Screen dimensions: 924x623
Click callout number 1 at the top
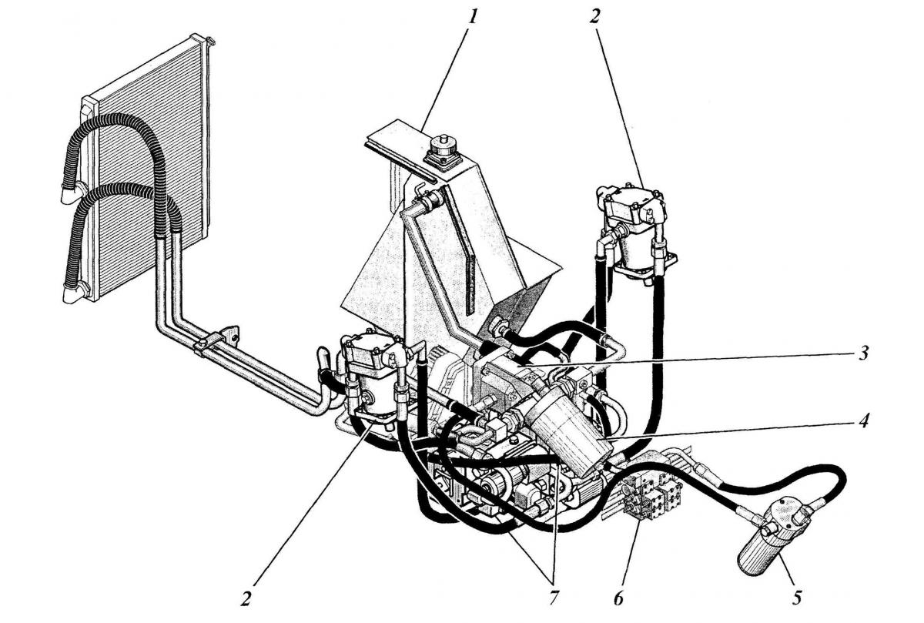pos(472,18)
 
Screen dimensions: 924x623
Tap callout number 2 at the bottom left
pos(246,599)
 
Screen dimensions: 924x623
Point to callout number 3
pos(863,353)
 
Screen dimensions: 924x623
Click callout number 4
pos(863,420)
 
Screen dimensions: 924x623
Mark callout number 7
pos(554,598)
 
